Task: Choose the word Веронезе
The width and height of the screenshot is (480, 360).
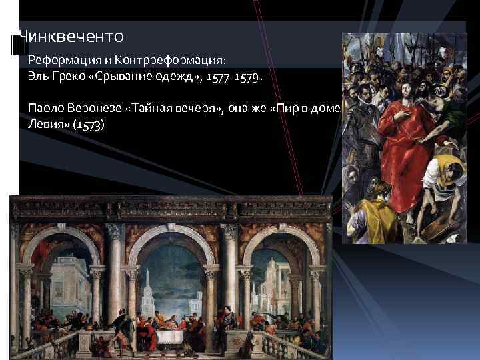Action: click(94, 108)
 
